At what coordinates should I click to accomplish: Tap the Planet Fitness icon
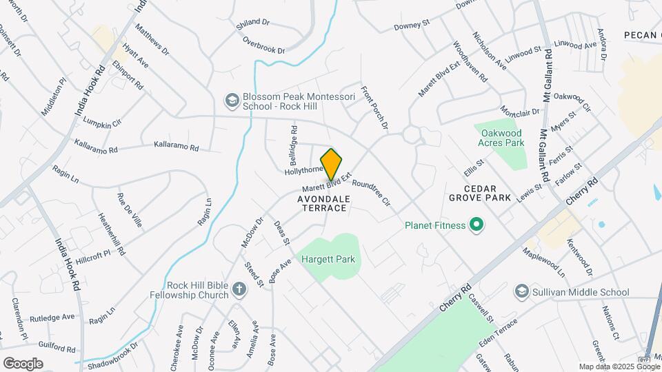click(475, 225)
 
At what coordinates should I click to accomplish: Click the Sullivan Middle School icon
click(521, 292)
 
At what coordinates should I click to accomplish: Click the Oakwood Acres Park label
click(501, 138)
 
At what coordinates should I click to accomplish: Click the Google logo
click(23, 364)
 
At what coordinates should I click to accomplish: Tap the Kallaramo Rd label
click(176, 147)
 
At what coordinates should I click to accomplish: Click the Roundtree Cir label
click(372, 194)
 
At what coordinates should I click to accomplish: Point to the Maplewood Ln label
click(544, 262)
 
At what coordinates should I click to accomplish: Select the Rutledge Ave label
click(52, 317)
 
